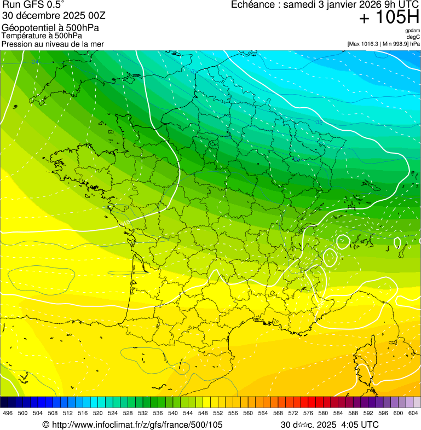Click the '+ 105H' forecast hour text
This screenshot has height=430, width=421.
pos(389,18)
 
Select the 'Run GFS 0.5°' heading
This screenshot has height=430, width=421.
pos(33,5)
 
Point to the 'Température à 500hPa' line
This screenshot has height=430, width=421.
pos(42,36)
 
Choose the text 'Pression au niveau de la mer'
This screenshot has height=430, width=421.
pos(53,44)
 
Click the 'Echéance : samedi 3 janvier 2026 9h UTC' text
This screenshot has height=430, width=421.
pos(325,5)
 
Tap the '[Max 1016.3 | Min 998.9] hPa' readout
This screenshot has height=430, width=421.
pos(383,44)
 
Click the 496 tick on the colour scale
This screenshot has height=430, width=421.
pos(8,413)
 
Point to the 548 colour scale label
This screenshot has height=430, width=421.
pos(203,413)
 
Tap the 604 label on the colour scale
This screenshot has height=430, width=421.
pos(413,413)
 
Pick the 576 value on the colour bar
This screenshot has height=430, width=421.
pos(308,413)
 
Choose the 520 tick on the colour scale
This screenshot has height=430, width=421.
pos(98,413)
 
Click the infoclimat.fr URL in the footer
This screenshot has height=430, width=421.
pos(137,425)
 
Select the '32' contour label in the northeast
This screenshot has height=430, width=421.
pos(319,122)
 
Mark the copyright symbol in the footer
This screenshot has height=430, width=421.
pos(46,425)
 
